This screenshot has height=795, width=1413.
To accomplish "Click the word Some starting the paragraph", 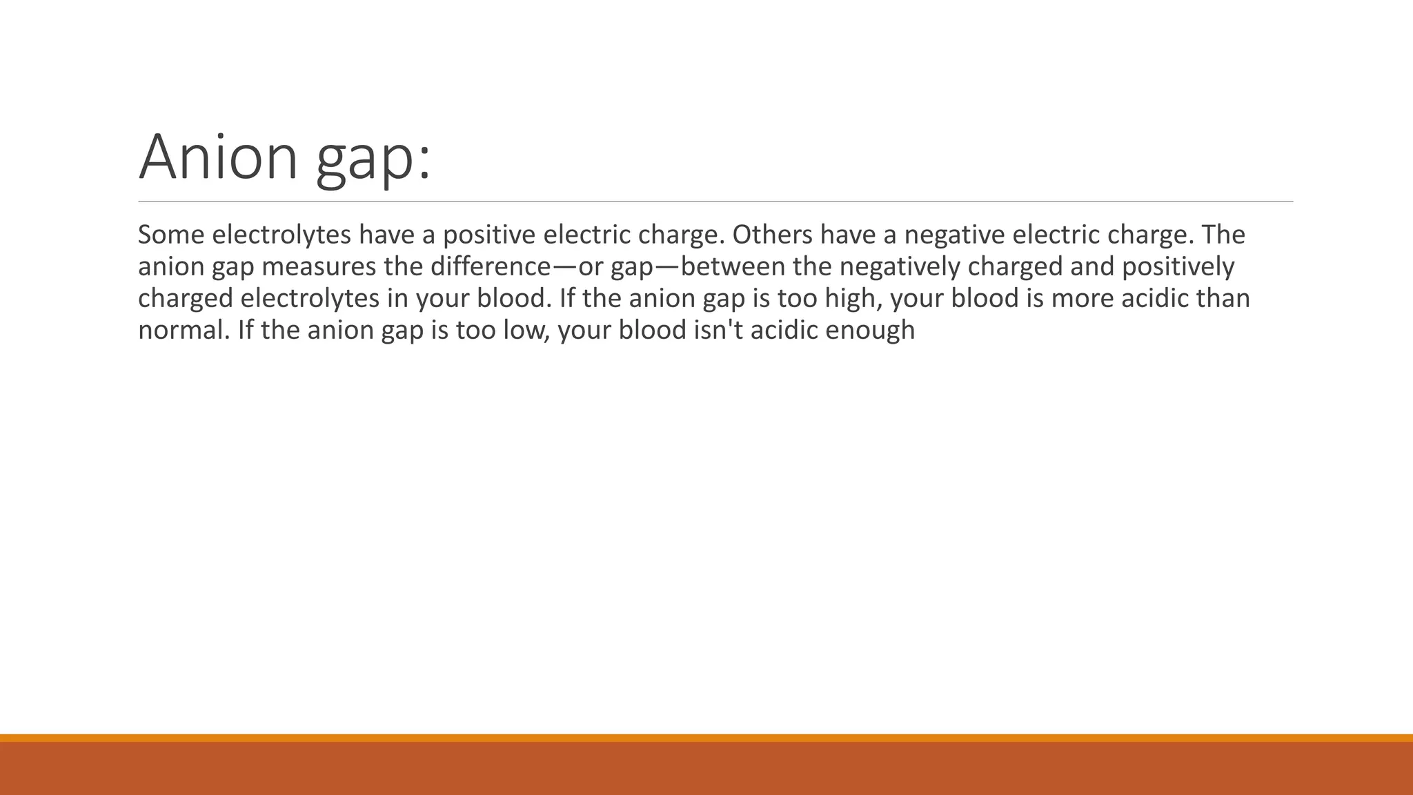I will pyautogui.click(x=171, y=235).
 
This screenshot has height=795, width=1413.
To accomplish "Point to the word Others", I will pyautogui.click(x=772, y=235).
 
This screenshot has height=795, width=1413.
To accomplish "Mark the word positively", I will pyautogui.click(x=1178, y=267).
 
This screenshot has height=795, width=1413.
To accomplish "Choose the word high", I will pyautogui.click(x=847, y=299).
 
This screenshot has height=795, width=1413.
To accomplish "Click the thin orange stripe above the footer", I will pyautogui.click(x=706, y=738).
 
